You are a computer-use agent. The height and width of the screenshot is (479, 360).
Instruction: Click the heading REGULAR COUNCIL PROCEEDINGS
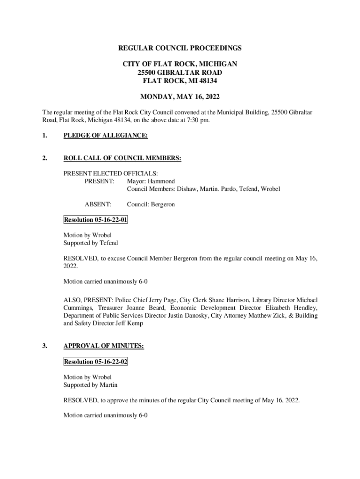click(x=180, y=48)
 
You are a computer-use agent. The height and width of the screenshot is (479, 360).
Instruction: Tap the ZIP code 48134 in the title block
click(x=208, y=80)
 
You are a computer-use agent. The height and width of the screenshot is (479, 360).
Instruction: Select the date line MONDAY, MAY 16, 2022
click(x=180, y=97)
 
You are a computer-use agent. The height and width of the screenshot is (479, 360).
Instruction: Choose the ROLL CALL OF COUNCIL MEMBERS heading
click(x=122, y=158)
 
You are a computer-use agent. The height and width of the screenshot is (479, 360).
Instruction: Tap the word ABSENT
click(x=98, y=204)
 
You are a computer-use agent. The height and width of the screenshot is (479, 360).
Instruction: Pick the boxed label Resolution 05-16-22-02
click(x=95, y=362)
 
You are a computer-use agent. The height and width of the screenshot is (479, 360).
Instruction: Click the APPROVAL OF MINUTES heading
click(x=103, y=346)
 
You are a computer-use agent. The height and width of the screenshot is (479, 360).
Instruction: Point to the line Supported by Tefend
click(x=91, y=243)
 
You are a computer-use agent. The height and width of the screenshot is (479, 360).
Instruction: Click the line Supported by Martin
click(x=91, y=385)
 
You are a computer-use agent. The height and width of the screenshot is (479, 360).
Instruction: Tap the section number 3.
click(x=44, y=346)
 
